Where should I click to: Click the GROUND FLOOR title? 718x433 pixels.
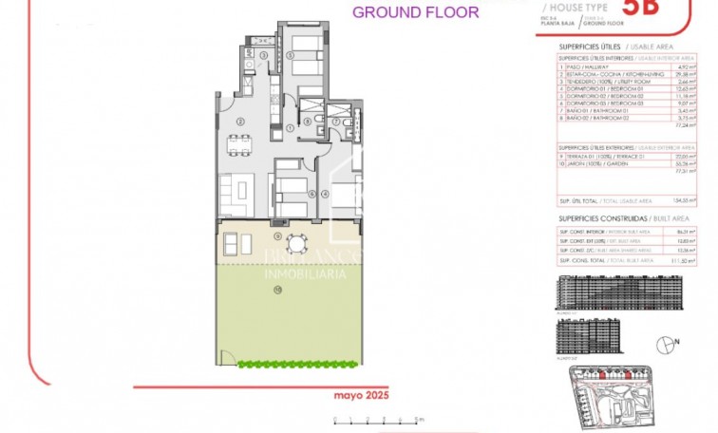[x=415, y=12]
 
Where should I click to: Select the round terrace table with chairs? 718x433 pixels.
[x=296, y=245]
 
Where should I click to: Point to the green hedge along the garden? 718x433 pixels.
[x=297, y=363]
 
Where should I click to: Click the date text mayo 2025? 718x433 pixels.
[x=362, y=394]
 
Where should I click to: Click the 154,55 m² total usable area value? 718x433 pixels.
[x=679, y=201]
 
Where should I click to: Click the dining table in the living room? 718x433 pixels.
[x=242, y=144]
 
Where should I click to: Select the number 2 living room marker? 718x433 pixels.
[x=241, y=121]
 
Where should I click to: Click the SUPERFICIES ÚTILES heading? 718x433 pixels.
[x=595, y=44]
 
